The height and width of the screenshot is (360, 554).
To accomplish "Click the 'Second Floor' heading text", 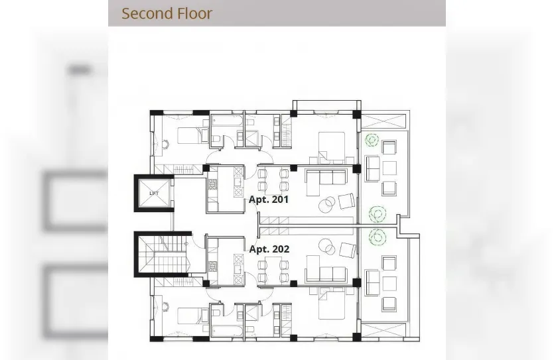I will pyautogui.click(x=167, y=13).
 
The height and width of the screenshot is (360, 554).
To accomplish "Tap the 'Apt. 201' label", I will pyautogui.click(x=269, y=199).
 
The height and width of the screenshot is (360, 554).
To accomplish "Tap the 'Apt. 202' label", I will pyautogui.click(x=269, y=249).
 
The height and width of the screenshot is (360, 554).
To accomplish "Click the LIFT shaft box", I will pyautogui.click(x=154, y=193).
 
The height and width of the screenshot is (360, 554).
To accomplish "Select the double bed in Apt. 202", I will pyautogui.click(x=331, y=306).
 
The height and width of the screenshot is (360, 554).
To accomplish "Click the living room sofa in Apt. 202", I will pyautogui.click(x=325, y=274).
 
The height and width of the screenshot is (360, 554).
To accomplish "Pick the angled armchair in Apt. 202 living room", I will pyautogui.click(x=347, y=249).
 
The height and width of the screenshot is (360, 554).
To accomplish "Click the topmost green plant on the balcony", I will pyautogui.click(x=371, y=140).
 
